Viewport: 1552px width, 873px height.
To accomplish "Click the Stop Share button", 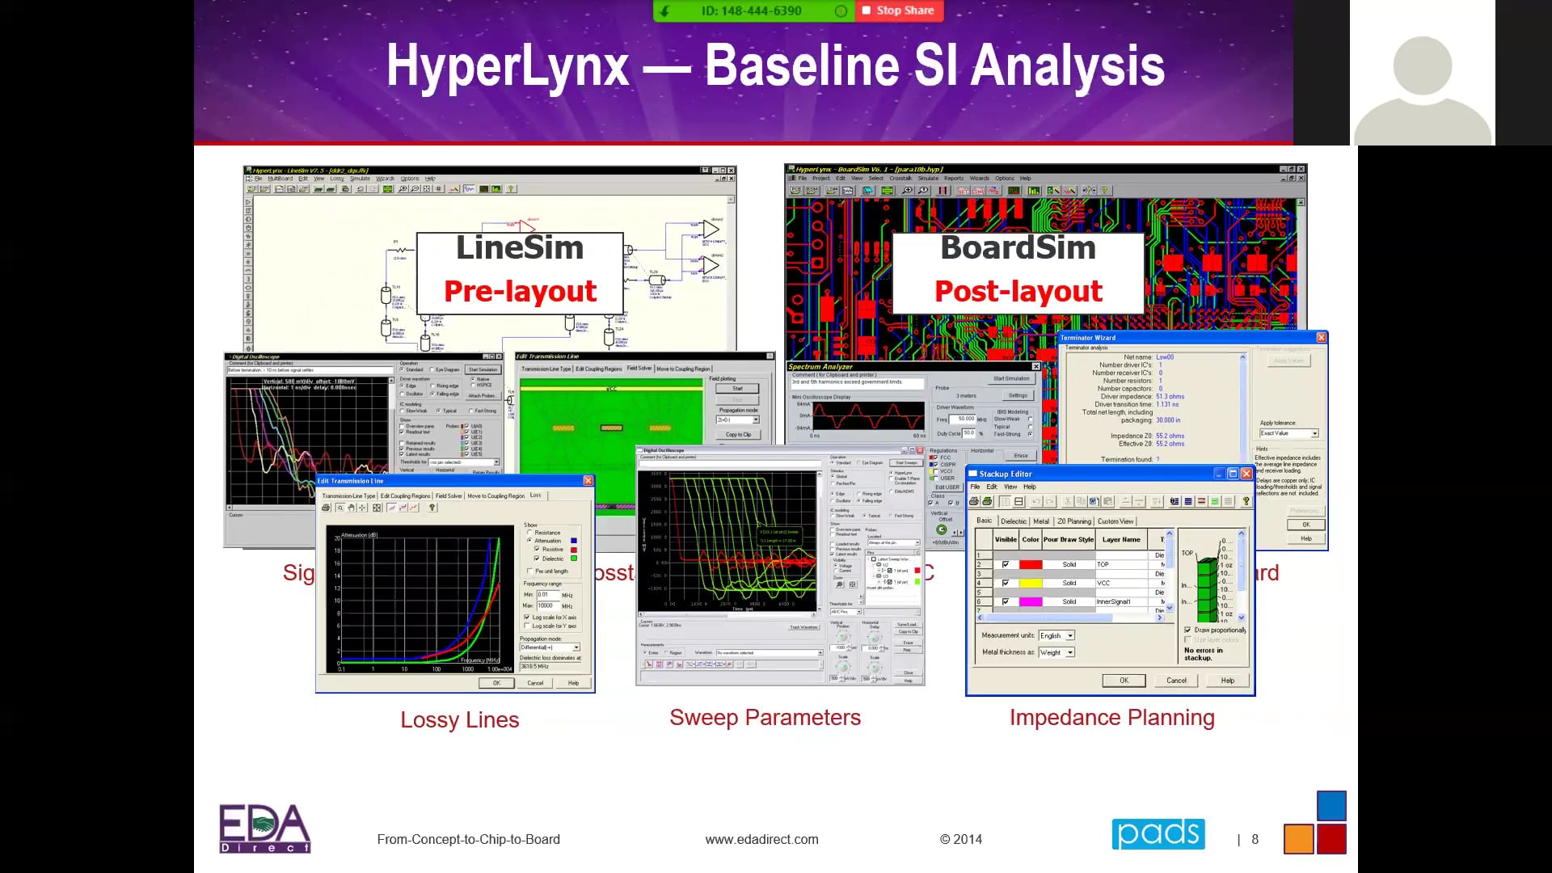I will pyautogui.click(x=899, y=11).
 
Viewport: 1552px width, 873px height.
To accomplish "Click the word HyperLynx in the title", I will pyautogui.click(x=508, y=65).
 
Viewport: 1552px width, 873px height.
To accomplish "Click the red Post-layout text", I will pyautogui.click(x=1018, y=291).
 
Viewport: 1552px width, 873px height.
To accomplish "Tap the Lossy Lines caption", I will pyautogui.click(x=459, y=719).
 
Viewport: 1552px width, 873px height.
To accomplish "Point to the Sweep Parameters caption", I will pyautogui.click(x=765, y=717).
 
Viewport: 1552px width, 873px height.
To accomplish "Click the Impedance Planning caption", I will pyautogui.click(x=1111, y=717).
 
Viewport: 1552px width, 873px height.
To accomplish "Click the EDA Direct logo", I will pyautogui.click(x=264, y=828).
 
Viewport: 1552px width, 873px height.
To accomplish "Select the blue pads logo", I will pyautogui.click(x=1158, y=833).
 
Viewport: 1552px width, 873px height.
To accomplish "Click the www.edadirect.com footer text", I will pyautogui.click(x=761, y=839).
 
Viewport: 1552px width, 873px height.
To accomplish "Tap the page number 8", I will pyautogui.click(x=1255, y=839).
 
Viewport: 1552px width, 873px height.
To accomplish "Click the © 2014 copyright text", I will pyautogui.click(x=960, y=839).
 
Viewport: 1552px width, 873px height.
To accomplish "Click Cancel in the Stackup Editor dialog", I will pyautogui.click(x=1176, y=680).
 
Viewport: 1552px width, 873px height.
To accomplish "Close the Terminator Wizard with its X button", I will pyautogui.click(x=1321, y=337).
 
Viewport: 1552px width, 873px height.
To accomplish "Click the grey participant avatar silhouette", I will pyautogui.click(x=1422, y=89).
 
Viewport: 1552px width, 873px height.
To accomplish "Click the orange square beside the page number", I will pyautogui.click(x=1298, y=838).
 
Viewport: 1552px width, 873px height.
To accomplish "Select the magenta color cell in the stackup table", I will pyautogui.click(x=1030, y=601).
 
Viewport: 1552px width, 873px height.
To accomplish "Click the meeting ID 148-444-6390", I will pyautogui.click(x=751, y=11).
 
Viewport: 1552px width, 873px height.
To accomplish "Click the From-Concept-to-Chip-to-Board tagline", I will pyautogui.click(x=468, y=839).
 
